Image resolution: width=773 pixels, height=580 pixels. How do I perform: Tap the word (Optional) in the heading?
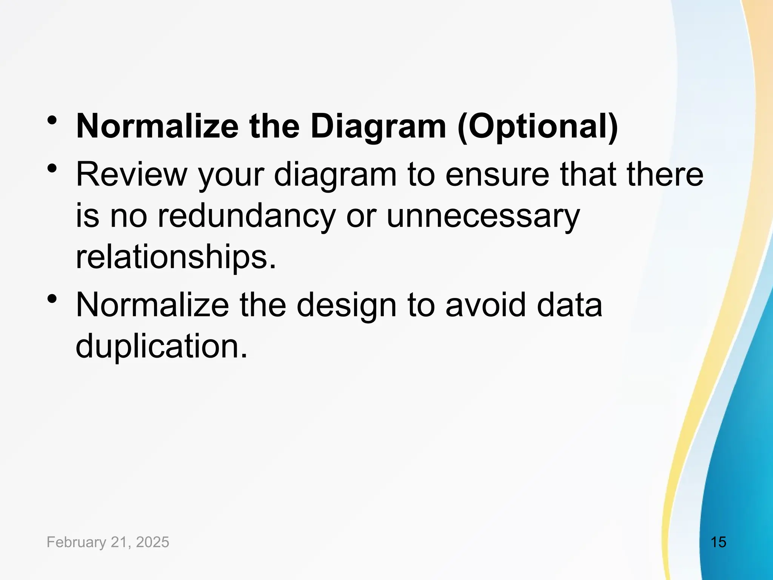(537, 126)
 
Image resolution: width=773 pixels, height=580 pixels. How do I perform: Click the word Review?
(132, 174)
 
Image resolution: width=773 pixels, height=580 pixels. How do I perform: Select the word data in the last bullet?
(570, 305)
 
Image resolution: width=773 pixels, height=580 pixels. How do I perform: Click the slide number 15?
(718, 542)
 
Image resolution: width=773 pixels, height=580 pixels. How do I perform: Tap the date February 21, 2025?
(108, 542)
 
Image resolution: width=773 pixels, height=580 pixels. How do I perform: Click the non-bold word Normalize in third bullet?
(152, 305)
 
